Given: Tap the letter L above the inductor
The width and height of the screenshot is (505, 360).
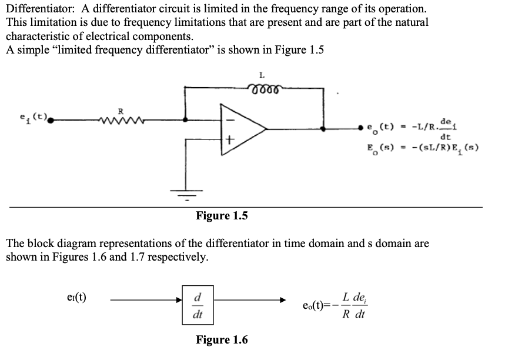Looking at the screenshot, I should click(262, 75).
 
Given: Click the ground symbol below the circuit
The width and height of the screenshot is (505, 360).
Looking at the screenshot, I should click(186, 192).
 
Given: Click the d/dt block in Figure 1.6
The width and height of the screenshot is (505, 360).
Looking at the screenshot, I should click(197, 305).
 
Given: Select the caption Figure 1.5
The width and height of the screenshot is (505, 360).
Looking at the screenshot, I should click(222, 216).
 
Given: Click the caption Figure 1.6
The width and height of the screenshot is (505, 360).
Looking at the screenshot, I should click(222, 340).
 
